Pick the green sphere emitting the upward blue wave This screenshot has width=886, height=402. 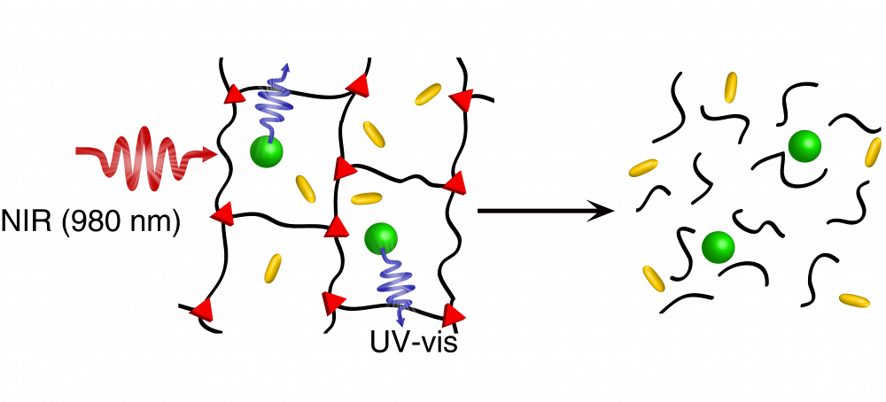pos(266,151)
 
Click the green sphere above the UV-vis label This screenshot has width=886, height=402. pos(380,237)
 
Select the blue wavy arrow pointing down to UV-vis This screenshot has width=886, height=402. pos(392,283)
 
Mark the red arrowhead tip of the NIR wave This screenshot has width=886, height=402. pos(212,156)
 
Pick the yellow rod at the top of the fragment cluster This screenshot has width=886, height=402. pos(731,87)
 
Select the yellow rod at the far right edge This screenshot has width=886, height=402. pos(872,151)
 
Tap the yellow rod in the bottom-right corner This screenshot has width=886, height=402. pos(854,301)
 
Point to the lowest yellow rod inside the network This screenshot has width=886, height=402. pos(273,266)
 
